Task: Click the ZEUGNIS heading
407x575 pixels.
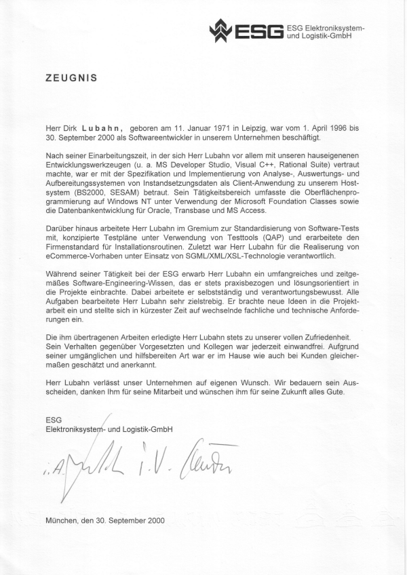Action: click(71, 78)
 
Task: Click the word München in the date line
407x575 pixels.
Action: click(62, 521)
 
